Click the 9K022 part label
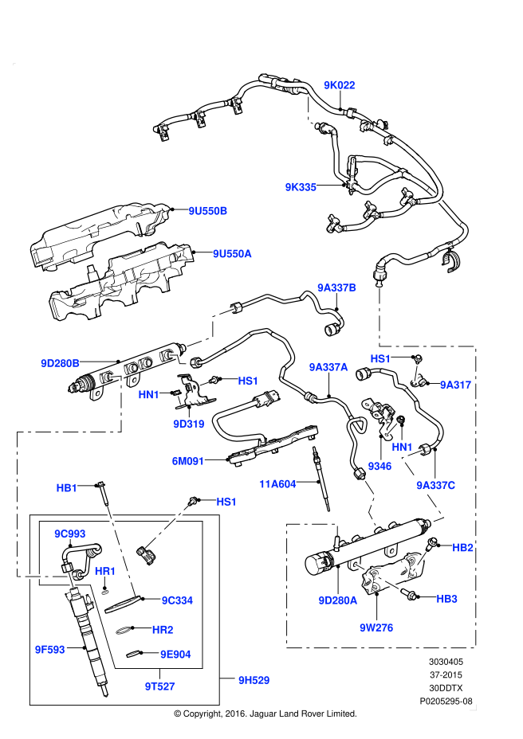[x=340, y=85]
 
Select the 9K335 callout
[x=301, y=187]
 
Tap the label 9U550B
[x=208, y=211]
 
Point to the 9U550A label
[x=232, y=254]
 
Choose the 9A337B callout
[x=336, y=287]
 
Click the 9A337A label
[x=328, y=367]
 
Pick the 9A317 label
[x=456, y=385]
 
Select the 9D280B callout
[x=61, y=363]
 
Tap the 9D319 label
[x=189, y=424]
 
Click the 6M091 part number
[x=188, y=461]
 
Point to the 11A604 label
[x=277, y=484]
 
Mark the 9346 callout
[x=379, y=467]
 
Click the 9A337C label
[x=436, y=486]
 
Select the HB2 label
[x=462, y=548]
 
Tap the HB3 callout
[x=446, y=599]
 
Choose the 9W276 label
[x=376, y=628]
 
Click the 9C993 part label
[x=70, y=534]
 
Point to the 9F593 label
[x=49, y=650]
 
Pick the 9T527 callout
[x=159, y=686]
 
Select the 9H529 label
[x=254, y=680]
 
